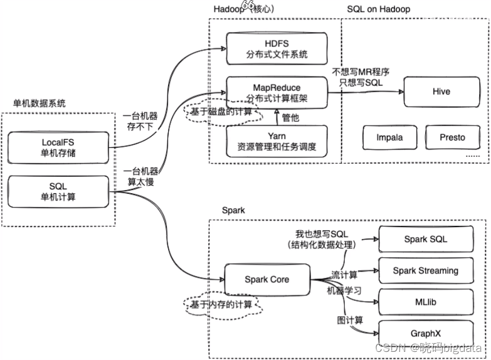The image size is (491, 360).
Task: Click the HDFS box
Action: click(x=277, y=48)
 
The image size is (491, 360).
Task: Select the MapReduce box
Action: click(x=277, y=93)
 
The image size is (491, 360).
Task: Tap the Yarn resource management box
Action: click(x=277, y=142)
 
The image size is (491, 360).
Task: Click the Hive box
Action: click(x=441, y=92)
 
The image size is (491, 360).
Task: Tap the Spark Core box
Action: click(x=267, y=279)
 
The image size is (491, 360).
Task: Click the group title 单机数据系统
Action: click(x=39, y=103)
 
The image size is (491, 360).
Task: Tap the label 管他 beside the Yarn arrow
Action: click(x=290, y=117)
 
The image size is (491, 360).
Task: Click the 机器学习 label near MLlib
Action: click(x=344, y=291)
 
